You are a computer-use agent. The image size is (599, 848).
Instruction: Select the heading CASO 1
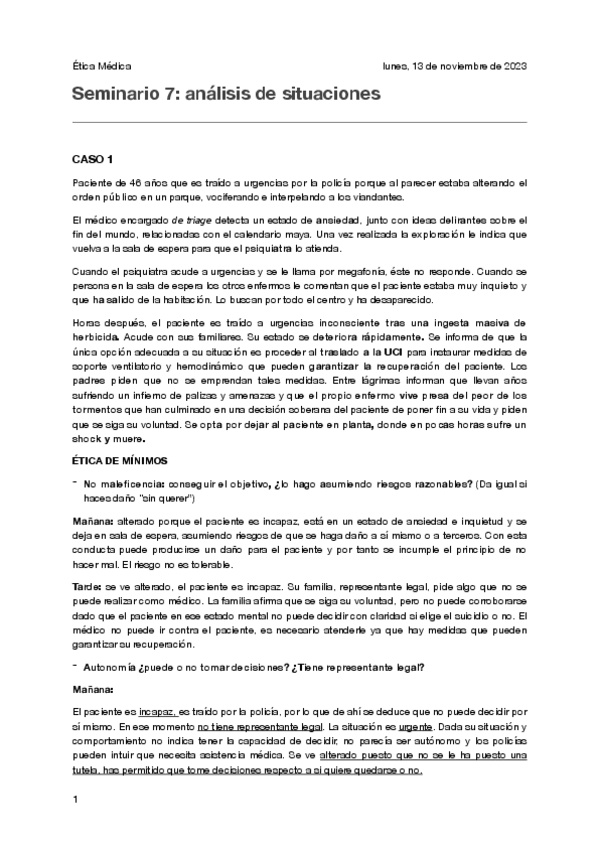(x=93, y=160)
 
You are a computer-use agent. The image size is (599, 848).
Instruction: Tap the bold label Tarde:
(x=88, y=586)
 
